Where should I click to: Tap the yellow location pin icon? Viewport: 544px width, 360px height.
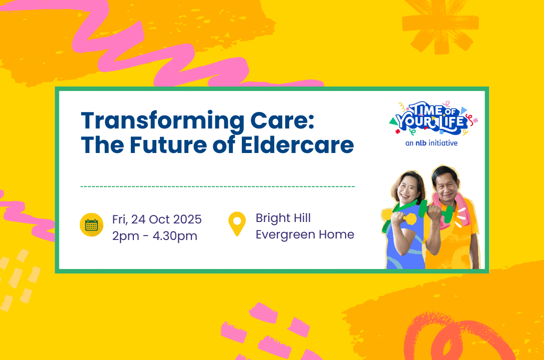(x=237, y=223)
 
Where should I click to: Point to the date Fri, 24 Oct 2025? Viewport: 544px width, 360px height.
(x=157, y=219)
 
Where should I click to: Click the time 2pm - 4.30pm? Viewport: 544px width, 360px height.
(x=154, y=235)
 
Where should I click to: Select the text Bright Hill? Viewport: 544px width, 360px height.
(x=283, y=218)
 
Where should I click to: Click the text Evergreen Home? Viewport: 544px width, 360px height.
(x=305, y=234)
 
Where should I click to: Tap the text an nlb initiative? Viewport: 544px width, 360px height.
(x=432, y=143)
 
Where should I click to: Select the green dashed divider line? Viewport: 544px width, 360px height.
(x=218, y=186)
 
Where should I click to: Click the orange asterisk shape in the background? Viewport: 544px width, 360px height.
(x=439, y=25)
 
